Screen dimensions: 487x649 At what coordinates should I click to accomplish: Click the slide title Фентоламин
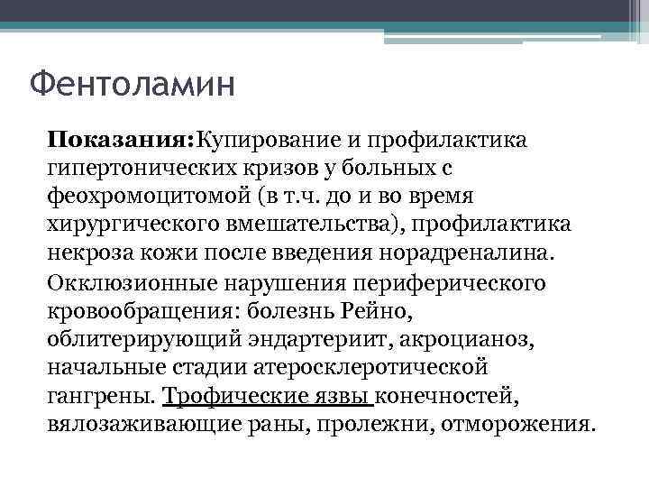tap(132, 87)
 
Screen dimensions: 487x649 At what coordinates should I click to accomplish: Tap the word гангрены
tap(101, 394)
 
